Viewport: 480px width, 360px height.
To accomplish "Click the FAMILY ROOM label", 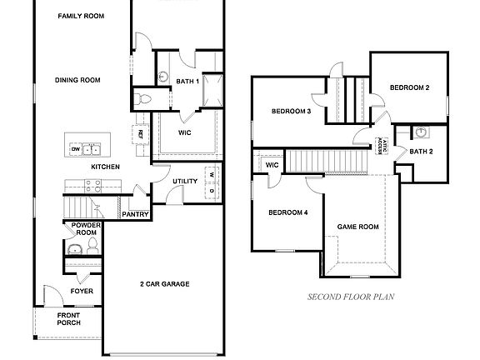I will (81, 16).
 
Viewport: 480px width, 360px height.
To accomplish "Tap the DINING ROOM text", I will (77, 80).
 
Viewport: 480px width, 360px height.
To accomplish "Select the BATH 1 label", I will (187, 81).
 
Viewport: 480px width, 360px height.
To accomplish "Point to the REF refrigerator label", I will (140, 133).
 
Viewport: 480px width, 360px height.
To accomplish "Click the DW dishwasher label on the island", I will (76, 149).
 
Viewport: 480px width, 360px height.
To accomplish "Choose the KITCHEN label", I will (105, 167).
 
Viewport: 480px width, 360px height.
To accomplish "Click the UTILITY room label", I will (184, 181).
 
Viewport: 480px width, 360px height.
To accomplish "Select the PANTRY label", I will (136, 214).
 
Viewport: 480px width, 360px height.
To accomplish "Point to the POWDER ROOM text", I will (85, 229).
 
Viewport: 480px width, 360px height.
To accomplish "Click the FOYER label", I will (82, 291).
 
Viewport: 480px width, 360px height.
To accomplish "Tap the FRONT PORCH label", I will (68, 319).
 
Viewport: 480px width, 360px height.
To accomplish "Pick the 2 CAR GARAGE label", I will (164, 284).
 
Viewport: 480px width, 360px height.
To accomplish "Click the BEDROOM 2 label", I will (409, 87).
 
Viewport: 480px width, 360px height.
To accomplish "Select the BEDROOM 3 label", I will (291, 111).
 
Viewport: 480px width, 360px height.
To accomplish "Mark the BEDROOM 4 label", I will (287, 212).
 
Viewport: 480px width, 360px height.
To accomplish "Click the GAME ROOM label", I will (357, 226).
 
